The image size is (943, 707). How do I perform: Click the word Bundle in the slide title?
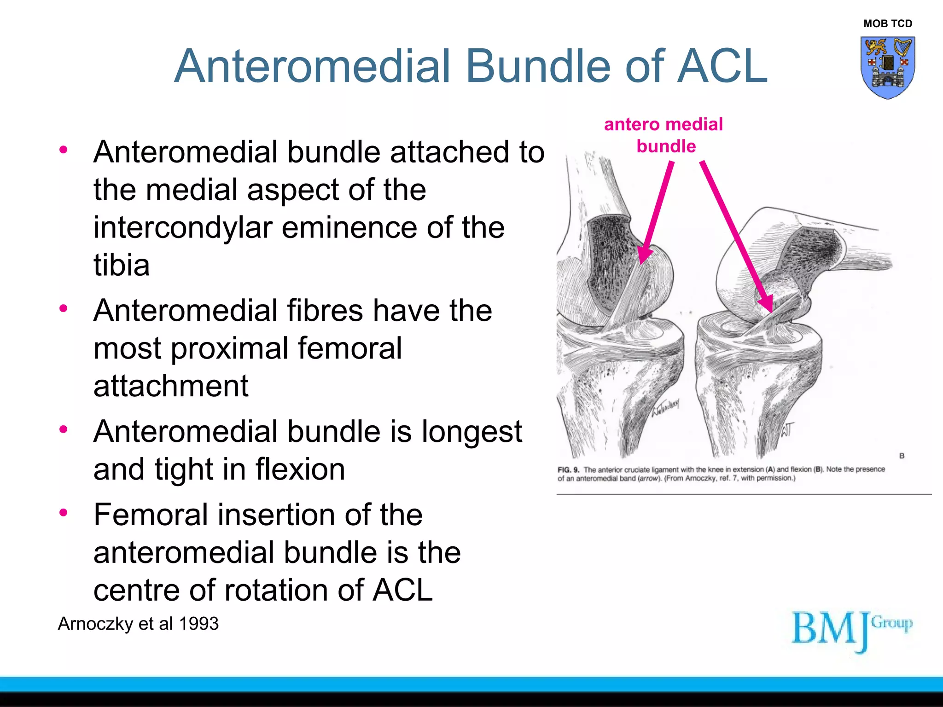click(539, 67)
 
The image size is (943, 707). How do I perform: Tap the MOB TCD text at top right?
click(887, 23)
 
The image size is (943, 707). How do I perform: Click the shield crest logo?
click(887, 68)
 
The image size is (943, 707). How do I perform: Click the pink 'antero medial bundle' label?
click(664, 135)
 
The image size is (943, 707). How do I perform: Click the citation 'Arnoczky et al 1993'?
click(138, 624)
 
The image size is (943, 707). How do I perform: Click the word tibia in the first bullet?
click(122, 266)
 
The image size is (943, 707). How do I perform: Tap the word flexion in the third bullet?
click(300, 469)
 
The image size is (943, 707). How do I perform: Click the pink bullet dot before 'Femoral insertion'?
click(64, 512)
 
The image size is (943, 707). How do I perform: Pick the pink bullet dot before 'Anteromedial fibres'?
click(64, 308)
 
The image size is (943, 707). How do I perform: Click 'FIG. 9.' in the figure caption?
click(568, 470)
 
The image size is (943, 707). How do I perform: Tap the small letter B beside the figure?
click(902, 456)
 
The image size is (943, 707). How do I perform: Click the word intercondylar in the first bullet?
click(184, 228)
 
